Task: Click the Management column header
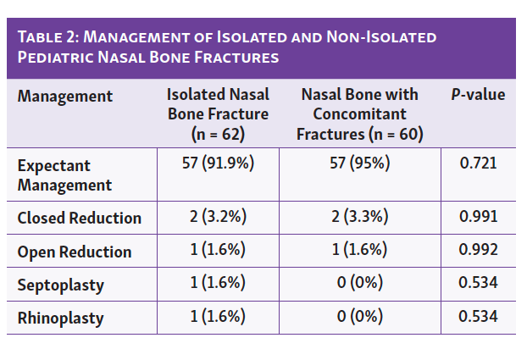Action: click(x=65, y=96)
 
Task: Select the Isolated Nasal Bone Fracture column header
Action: click(x=218, y=114)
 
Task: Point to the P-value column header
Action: click(x=478, y=95)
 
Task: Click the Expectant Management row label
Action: click(x=65, y=174)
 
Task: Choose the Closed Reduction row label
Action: click(x=79, y=218)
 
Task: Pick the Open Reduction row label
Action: click(x=75, y=252)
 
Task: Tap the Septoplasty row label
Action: click(x=61, y=285)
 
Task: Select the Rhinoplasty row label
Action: click(x=61, y=318)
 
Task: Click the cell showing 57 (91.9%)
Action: click(x=218, y=164)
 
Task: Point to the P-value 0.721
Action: click(x=478, y=164)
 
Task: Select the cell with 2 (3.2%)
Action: click(x=218, y=217)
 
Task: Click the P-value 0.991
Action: click(x=478, y=217)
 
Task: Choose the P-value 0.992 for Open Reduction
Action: click(x=478, y=252)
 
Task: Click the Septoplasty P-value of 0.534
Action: click(x=478, y=285)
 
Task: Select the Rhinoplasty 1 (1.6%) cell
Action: click(x=218, y=318)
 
